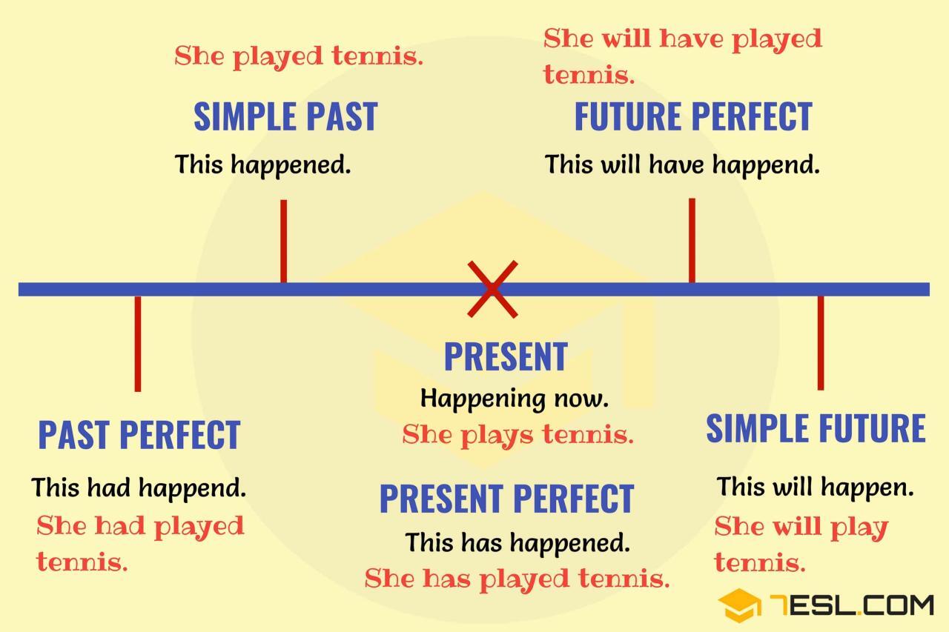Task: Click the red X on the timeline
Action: point(492,289)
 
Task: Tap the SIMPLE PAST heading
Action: point(285,117)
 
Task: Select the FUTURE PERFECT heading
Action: point(693,117)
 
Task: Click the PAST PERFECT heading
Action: point(139,435)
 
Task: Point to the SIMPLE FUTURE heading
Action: point(816,428)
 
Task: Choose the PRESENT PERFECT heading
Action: point(506,499)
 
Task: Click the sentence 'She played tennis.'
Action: point(299,56)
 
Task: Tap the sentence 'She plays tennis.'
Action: point(518,435)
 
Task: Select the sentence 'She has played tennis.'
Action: point(517,578)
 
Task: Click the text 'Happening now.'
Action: point(514,399)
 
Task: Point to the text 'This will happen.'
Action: point(815,488)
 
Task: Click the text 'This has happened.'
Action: point(517,542)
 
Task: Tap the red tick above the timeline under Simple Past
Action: point(283,241)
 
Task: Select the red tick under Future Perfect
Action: point(692,240)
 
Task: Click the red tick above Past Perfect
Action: point(137,343)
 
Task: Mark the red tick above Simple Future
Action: point(820,342)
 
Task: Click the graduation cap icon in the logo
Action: point(738,605)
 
